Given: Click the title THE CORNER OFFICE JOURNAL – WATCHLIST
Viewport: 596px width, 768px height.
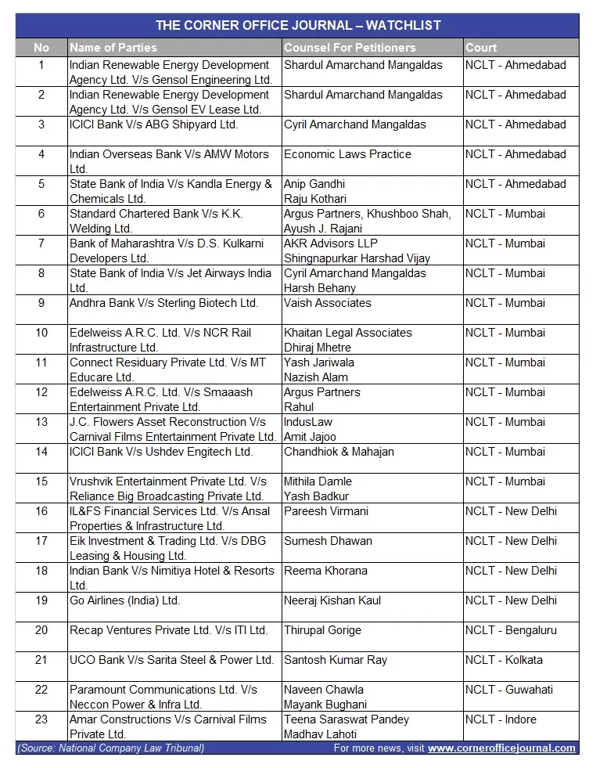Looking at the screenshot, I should (x=297, y=25).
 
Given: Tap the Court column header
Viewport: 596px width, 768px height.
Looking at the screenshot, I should (x=481, y=48).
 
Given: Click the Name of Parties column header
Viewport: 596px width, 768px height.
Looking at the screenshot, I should (x=113, y=48).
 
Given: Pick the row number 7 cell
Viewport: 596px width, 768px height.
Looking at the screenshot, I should (x=41, y=243).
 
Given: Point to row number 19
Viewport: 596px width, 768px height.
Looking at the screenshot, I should (x=41, y=600).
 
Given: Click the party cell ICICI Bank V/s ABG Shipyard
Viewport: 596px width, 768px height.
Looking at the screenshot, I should (x=153, y=124).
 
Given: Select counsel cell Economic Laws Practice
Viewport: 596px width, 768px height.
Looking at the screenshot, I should (x=347, y=154).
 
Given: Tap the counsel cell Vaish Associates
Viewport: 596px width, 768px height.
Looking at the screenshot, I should (x=328, y=303).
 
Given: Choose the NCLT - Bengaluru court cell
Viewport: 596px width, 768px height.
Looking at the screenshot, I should (x=511, y=630).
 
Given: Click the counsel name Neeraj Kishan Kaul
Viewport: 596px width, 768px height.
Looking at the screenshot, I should (x=332, y=600).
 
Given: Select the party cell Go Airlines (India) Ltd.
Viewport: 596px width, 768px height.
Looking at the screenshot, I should (x=124, y=600).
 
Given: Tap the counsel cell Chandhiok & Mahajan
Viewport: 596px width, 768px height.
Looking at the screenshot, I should (x=339, y=452).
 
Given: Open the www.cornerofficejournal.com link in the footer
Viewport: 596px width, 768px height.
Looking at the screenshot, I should (x=501, y=748).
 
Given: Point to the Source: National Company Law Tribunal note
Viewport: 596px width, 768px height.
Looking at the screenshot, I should (x=110, y=748).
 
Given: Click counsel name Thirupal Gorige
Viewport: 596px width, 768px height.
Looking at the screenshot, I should (x=322, y=630).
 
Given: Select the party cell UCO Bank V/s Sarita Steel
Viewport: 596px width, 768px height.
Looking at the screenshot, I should (x=171, y=660).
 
